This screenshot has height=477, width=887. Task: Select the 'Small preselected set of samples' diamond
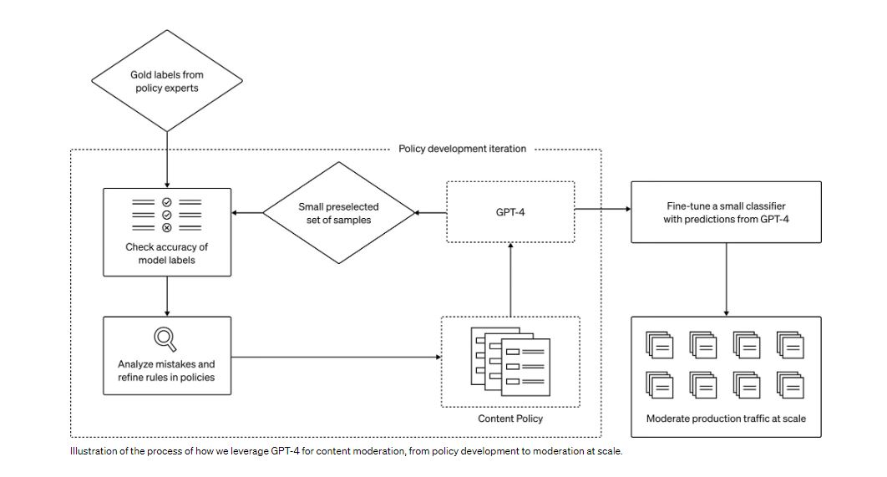pyautogui.click(x=339, y=214)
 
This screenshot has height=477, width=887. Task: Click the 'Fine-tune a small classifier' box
pyautogui.click(x=725, y=212)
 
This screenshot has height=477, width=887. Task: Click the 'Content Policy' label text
pyautogui.click(x=509, y=418)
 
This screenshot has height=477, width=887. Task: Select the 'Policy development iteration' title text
pyautogui.click(x=462, y=149)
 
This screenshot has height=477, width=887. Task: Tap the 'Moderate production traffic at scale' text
pyautogui.click(x=726, y=418)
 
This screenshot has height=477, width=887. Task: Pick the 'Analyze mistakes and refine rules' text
pyautogui.click(x=165, y=370)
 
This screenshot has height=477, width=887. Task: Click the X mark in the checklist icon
pyautogui.click(x=166, y=227)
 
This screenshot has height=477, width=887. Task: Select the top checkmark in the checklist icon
pyautogui.click(x=166, y=202)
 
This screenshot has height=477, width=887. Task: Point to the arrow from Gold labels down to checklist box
pyautogui.click(x=167, y=159)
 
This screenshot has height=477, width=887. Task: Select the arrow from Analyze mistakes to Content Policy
pyautogui.click(x=334, y=358)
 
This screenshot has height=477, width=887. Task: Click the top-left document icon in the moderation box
pyautogui.click(x=658, y=344)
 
